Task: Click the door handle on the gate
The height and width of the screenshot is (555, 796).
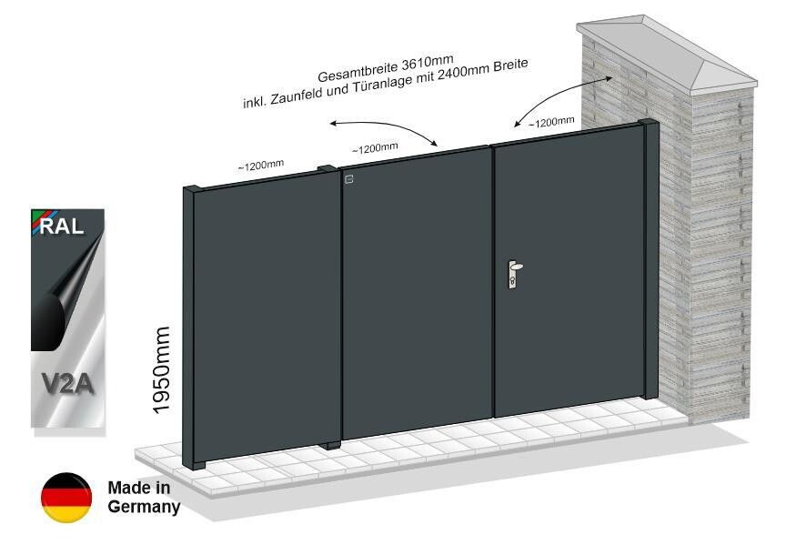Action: pos(514,274)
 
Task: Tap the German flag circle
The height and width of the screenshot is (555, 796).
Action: pos(66,498)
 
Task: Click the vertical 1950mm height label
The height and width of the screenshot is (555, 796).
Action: pos(162,369)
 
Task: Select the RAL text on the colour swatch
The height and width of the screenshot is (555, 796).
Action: pos(62,226)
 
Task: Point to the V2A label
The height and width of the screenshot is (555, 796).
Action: pos(67,383)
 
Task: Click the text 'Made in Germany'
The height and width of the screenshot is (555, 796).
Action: pos(144,497)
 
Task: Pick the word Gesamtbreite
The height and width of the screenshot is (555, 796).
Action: pos(358,72)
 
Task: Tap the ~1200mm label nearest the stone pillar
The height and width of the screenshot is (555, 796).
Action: pos(551,122)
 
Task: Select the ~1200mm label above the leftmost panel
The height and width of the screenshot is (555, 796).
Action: pos(261,165)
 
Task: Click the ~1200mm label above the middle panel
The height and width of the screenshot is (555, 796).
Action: pos(375,148)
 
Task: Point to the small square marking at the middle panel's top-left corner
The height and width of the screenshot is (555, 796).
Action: pos(348,179)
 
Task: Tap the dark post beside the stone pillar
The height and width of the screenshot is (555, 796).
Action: pos(650,259)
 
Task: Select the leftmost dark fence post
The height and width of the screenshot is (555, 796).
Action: pos(194,328)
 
